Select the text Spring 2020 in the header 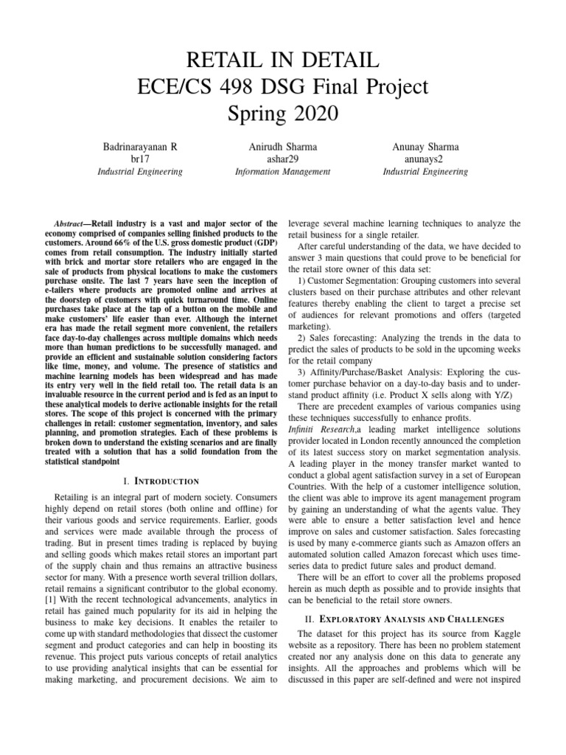(283, 114)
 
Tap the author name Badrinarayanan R (139, 147)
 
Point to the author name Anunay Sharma (425, 147)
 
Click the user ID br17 (139, 159)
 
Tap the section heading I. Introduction (159, 461)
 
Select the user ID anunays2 (425, 159)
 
